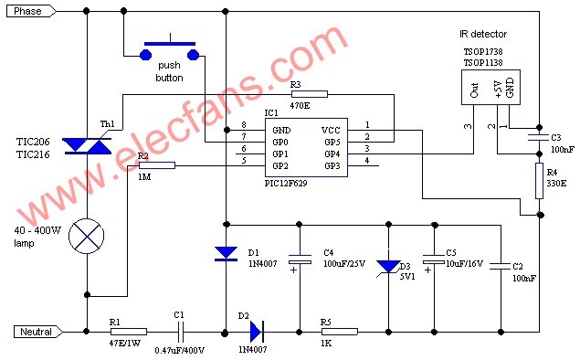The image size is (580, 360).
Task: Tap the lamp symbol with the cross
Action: [87, 236]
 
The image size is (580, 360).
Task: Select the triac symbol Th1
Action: [87, 145]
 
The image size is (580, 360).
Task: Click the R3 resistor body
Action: [310, 94]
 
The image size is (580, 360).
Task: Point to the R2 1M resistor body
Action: [157, 165]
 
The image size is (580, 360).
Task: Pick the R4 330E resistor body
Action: [539, 181]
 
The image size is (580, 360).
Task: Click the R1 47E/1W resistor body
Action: [129, 332]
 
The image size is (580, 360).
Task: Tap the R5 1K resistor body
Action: [340, 332]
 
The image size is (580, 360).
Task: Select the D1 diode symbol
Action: [226, 254]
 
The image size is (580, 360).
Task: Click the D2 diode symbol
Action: [257, 332]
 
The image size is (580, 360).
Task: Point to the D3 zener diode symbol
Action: [388, 267]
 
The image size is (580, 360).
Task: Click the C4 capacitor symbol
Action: [300, 259]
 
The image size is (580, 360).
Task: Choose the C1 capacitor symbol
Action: [180, 332]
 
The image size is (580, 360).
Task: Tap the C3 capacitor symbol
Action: [539, 138]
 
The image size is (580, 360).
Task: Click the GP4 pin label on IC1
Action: [332, 154]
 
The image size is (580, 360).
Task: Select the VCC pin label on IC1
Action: [331, 131]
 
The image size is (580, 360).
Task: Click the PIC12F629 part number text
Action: [286, 183]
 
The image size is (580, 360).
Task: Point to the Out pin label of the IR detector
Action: [474, 90]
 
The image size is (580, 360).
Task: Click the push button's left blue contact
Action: [145, 56]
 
